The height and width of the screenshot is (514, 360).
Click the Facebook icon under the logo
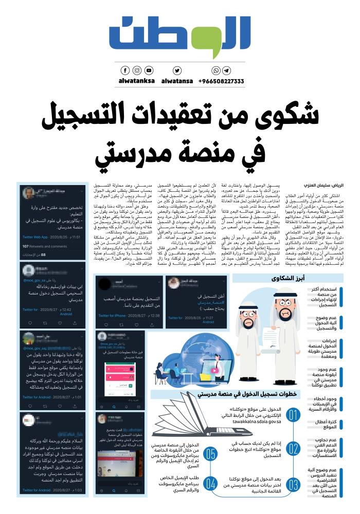125,70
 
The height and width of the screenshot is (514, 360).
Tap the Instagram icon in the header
137,70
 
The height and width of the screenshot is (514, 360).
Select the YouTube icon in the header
149,70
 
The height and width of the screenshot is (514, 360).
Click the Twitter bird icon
177,70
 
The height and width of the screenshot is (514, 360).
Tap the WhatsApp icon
217,70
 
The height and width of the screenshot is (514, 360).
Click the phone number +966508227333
222,81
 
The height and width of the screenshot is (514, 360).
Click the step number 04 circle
211,483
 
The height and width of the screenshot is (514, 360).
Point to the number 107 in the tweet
27,246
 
